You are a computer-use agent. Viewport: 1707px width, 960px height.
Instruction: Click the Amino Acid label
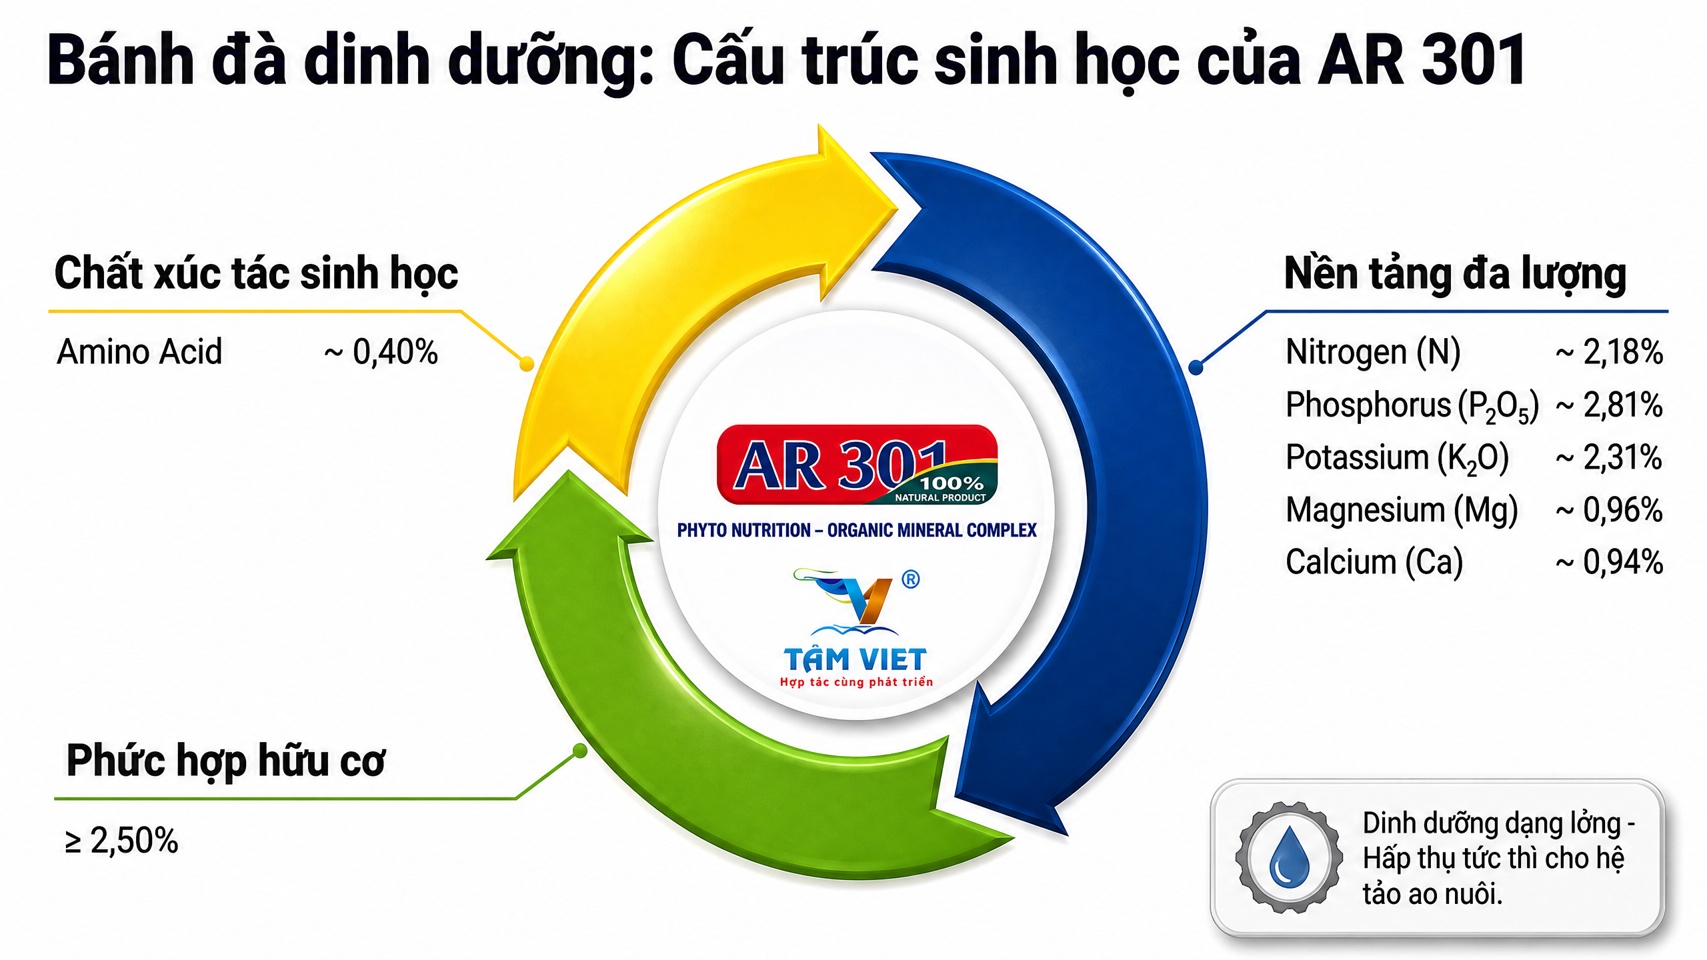pos(139,351)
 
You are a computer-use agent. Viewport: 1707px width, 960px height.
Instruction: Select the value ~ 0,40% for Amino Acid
pos(381,352)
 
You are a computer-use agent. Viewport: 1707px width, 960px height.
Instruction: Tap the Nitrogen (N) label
pos(1373,352)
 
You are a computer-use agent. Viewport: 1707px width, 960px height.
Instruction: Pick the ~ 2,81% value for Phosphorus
pos(1609,405)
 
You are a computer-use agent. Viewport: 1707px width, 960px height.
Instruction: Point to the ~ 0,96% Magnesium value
pos(1609,510)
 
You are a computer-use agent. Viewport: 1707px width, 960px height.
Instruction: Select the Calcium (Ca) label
pos(1374,563)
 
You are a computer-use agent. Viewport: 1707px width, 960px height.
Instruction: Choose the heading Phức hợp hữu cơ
pos(226,761)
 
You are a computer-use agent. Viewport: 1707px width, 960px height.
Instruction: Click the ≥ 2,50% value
pos(121,841)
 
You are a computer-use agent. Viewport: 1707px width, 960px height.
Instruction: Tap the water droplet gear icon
pos(1289,857)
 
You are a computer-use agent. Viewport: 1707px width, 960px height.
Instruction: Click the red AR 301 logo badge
pos(857,465)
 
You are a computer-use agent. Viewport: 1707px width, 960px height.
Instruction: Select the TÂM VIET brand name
pos(856,659)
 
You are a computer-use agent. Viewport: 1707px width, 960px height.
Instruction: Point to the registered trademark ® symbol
pos(911,579)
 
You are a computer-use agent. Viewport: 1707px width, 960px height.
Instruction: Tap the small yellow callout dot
pos(527,364)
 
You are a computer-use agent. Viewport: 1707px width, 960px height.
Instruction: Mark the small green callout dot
pos(580,751)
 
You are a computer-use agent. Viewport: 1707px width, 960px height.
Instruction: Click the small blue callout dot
pos(1196,367)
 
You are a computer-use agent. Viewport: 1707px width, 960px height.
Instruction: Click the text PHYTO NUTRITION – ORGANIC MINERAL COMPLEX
pos(857,531)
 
